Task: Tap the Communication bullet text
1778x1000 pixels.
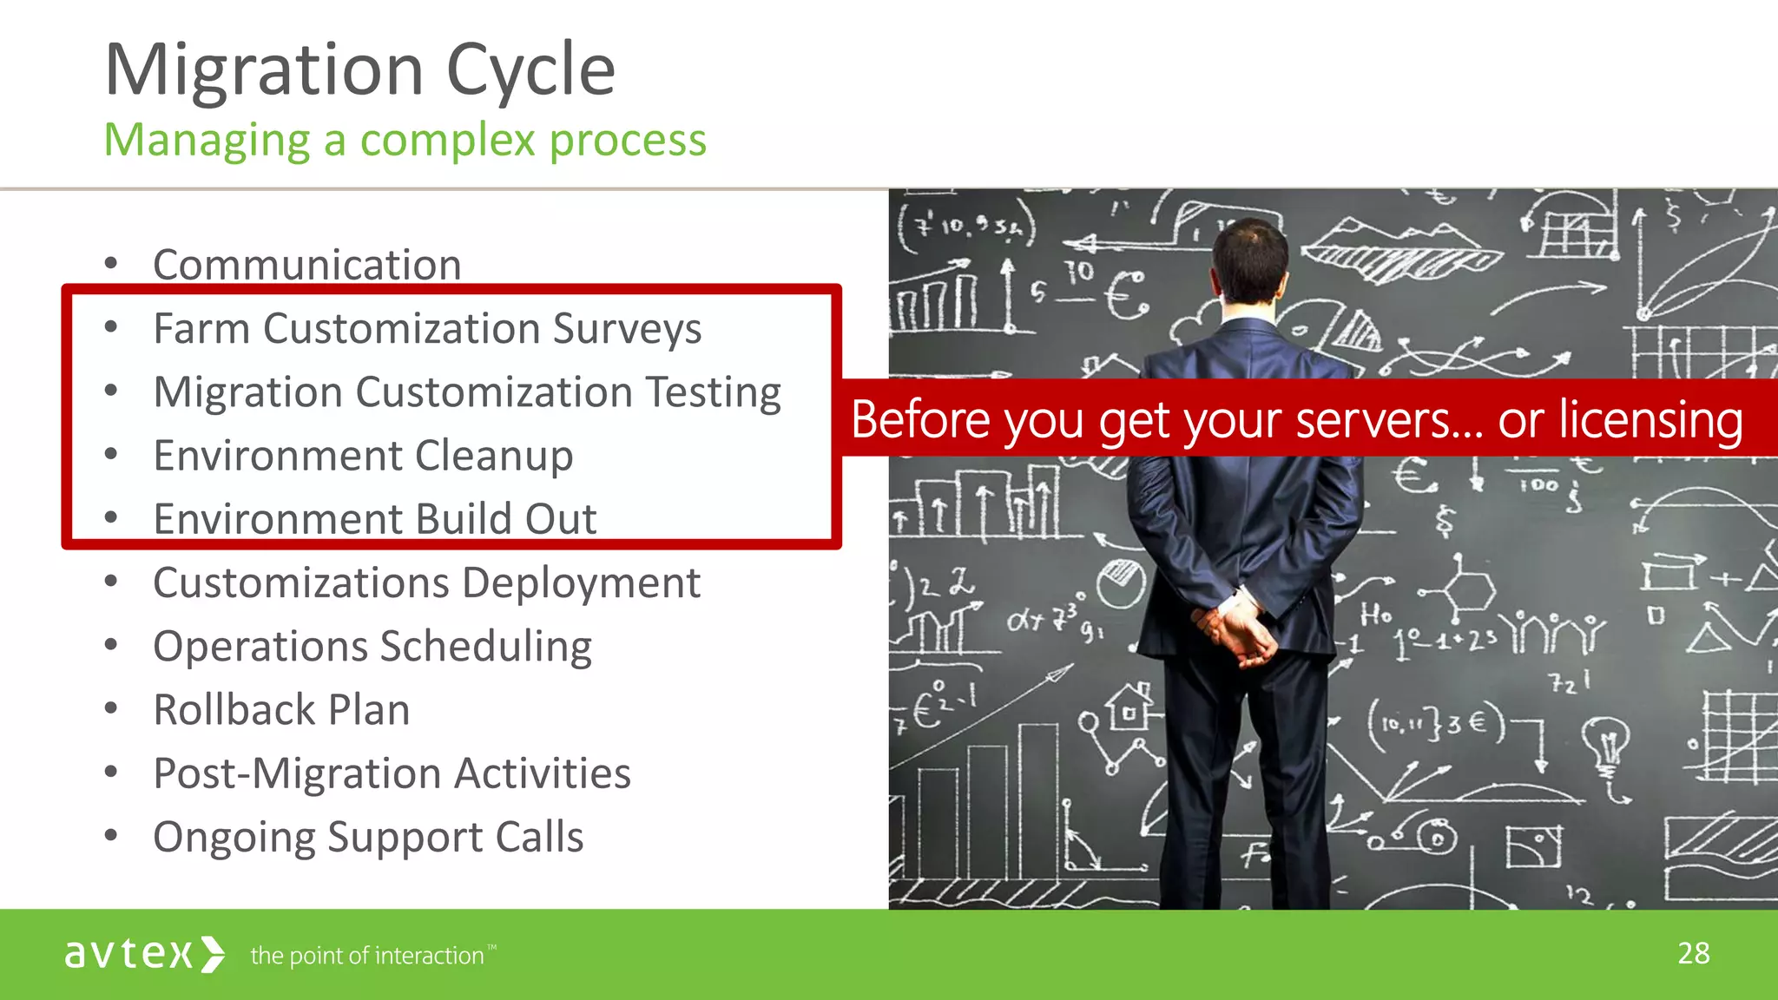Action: pos(306,265)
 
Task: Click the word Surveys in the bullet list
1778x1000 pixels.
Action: pos(627,329)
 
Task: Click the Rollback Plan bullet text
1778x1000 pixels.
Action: pos(281,710)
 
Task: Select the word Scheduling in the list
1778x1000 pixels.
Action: pos(485,647)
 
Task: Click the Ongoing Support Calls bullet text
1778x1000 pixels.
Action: pos(368,838)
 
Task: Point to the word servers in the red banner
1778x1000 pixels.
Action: pos(1387,420)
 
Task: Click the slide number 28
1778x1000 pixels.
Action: pos(1693,953)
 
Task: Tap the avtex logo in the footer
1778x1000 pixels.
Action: pos(144,954)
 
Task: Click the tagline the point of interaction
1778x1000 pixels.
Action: pos(367,956)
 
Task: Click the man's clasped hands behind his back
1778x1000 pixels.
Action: pos(1236,634)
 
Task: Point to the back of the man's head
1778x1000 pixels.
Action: pos(1250,260)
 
